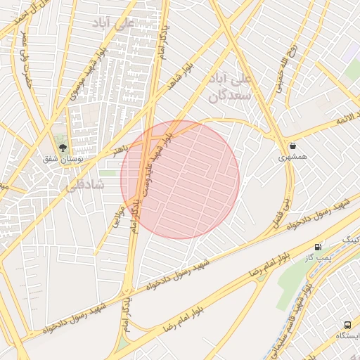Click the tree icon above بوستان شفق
[x=63, y=148]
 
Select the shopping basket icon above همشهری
[x=292, y=146]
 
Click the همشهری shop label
[x=292, y=159]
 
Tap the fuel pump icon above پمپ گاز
[x=319, y=247]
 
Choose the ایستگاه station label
[x=348, y=336]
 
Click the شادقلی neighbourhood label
[x=84, y=185]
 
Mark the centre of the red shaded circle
[x=180, y=179]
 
